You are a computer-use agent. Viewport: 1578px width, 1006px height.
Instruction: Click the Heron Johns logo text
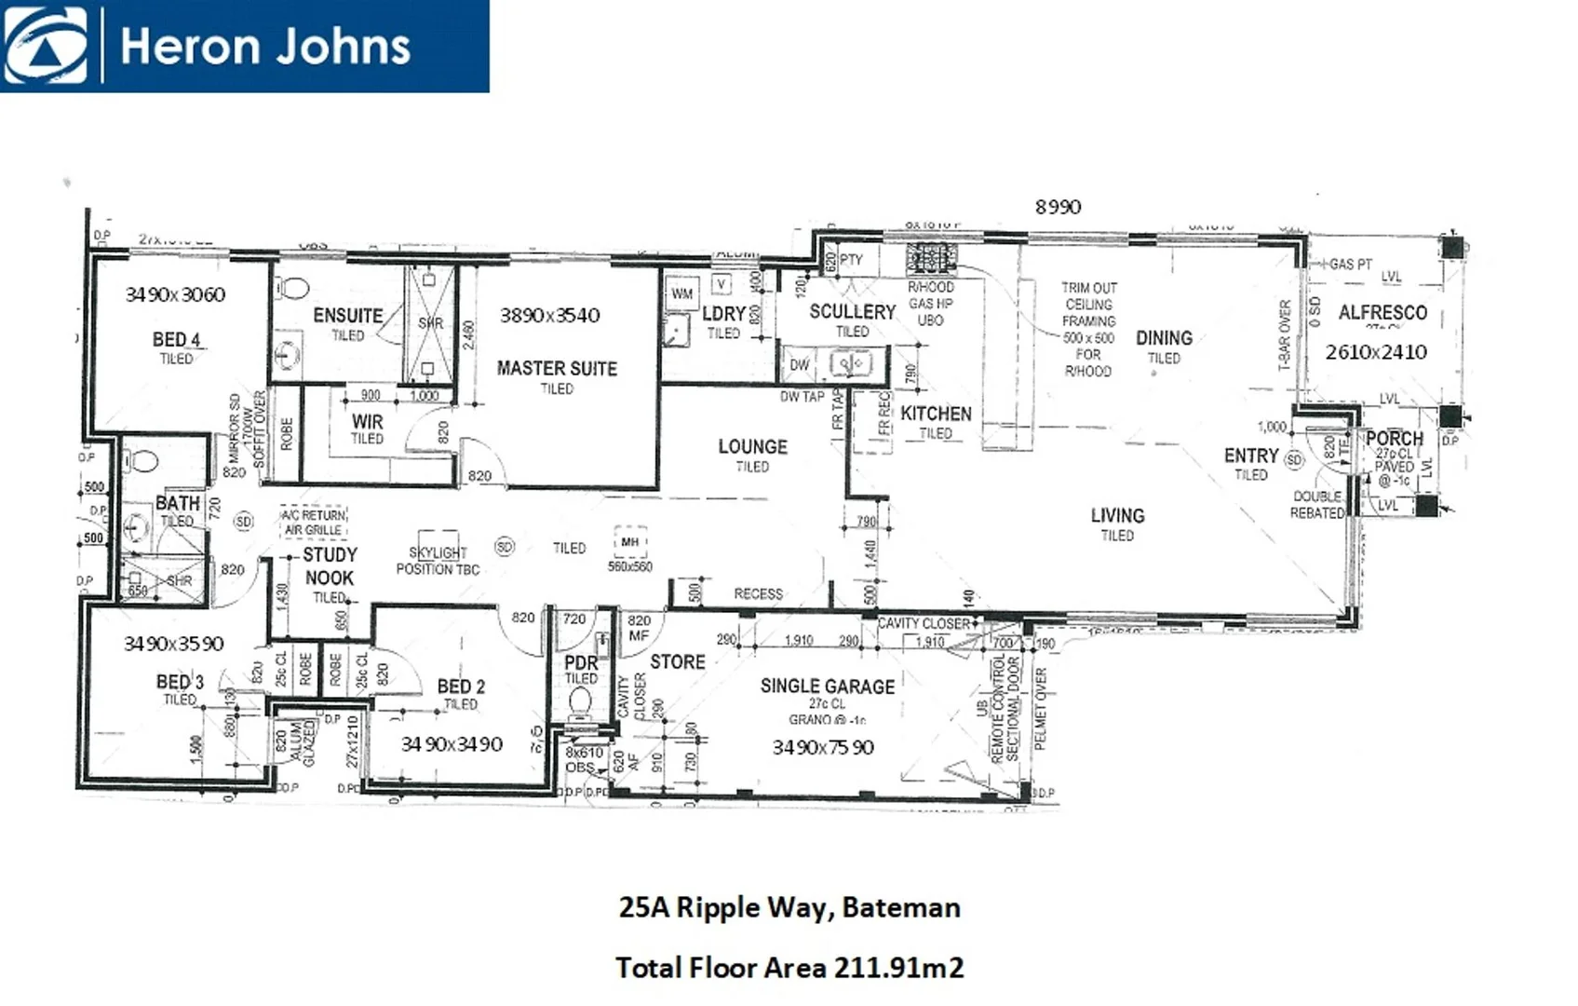coord(265,47)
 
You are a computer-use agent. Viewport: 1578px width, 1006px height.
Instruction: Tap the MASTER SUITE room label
coord(557,368)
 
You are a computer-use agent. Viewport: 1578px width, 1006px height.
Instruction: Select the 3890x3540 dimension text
coord(549,315)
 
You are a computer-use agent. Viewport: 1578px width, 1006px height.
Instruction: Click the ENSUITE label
coord(347,316)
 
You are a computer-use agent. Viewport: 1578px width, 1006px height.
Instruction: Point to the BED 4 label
coord(176,339)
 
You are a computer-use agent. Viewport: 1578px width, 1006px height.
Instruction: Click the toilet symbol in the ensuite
coord(294,288)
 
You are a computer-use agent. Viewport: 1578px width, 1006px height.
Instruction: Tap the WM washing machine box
coord(681,293)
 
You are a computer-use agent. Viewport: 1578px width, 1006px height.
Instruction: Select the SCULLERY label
coord(852,311)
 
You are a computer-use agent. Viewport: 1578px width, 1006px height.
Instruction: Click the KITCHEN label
coord(936,414)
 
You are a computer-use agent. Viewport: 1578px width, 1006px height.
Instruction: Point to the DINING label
coord(1164,338)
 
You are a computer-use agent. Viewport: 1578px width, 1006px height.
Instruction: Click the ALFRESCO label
coord(1382,313)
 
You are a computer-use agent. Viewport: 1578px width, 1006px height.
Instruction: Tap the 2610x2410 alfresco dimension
coord(1376,352)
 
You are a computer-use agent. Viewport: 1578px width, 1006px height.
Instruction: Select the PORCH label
coord(1394,438)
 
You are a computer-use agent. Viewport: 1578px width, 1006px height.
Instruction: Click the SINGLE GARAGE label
coord(827,687)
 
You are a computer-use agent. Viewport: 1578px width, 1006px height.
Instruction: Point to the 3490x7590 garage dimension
coord(823,747)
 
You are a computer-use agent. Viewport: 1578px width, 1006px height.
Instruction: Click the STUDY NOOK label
coord(330,565)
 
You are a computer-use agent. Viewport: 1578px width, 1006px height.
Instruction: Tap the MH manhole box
coord(630,541)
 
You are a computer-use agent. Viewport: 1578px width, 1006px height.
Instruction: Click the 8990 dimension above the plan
coord(1058,207)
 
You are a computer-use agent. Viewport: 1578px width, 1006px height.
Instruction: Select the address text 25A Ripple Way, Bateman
coord(789,907)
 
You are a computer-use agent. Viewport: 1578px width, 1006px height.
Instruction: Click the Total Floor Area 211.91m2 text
coord(789,968)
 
